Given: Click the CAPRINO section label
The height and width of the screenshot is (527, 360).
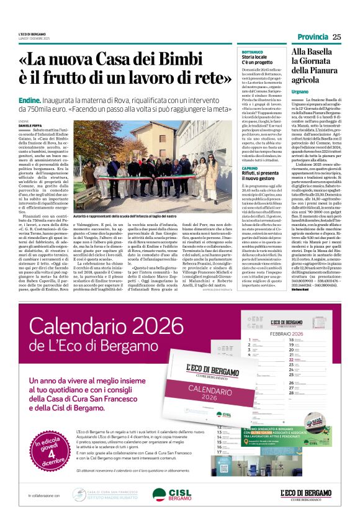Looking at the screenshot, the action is (x=250, y=169).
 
